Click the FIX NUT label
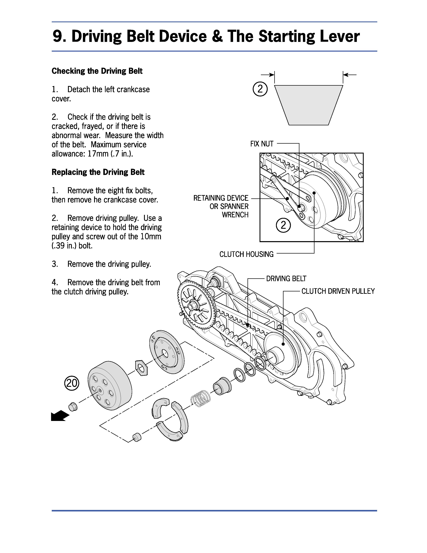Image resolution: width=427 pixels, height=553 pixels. click(x=262, y=144)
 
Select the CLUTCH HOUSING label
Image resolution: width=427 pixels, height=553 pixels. click(x=246, y=254)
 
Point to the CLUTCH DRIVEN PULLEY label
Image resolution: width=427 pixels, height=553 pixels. click(x=338, y=291)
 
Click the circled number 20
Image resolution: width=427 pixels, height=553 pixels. click(x=72, y=383)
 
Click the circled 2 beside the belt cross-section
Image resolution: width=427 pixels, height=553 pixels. click(x=260, y=89)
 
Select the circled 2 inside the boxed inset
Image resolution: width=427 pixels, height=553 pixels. click(x=283, y=225)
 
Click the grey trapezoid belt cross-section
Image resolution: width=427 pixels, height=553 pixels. click(x=309, y=105)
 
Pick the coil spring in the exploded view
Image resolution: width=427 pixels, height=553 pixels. click(x=200, y=398)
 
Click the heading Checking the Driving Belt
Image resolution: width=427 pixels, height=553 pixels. click(x=97, y=71)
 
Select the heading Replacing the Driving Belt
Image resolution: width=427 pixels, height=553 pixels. click(x=98, y=172)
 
